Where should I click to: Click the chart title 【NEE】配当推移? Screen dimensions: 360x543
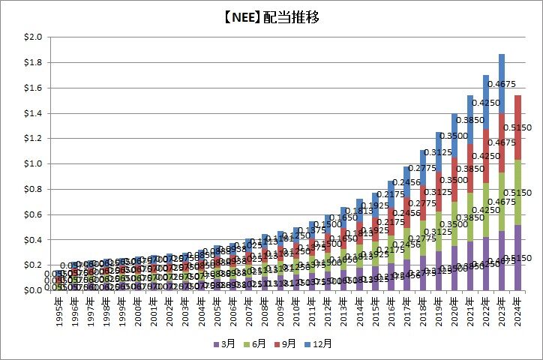(x=271, y=18)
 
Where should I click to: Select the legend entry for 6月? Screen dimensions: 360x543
(x=256, y=344)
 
